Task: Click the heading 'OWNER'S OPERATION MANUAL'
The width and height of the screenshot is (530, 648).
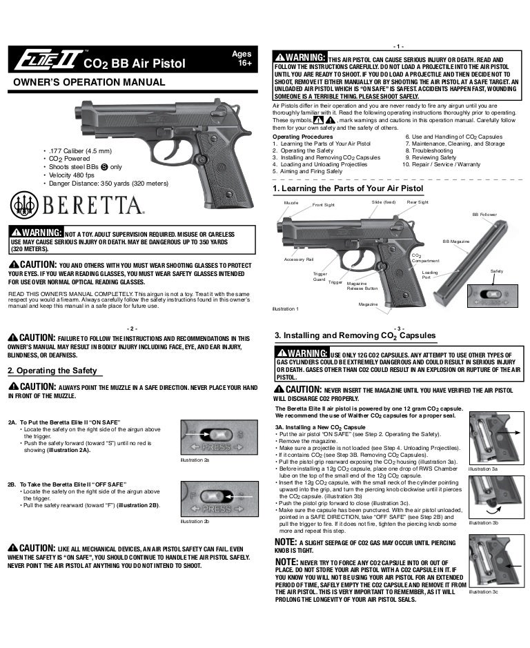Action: coord(86,83)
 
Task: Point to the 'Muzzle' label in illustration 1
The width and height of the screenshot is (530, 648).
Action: coord(291,203)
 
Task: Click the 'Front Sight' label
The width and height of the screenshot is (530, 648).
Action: coord(324,205)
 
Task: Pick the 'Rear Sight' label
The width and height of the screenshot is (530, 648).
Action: coord(418,202)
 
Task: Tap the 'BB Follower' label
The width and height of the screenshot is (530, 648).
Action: coord(484,215)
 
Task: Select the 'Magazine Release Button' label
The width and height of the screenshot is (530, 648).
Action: coord(362,286)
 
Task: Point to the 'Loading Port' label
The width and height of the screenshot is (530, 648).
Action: coord(429,275)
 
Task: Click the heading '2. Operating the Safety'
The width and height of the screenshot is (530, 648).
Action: coord(52,371)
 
